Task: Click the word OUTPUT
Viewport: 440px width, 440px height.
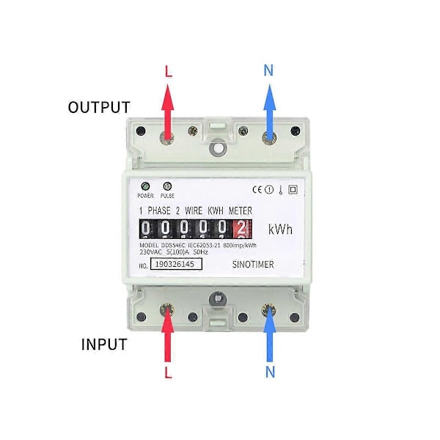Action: pyautogui.click(x=99, y=108)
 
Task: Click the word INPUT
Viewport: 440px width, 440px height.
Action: pyautogui.click(x=104, y=345)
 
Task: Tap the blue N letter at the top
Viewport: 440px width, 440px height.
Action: pyautogui.click(x=269, y=70)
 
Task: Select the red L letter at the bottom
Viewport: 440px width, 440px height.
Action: pyautogui.click(x=169, y=373)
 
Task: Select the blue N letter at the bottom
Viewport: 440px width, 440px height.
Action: pyautogui.click(x=270, y=373)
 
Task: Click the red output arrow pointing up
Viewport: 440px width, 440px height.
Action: pyautogui.click(x=169, y=110)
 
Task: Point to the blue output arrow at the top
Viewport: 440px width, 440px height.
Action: pyautogui.click(x=269, y=110)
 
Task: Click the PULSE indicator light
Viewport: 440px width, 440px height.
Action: pyautogui.click(x=167, y=186)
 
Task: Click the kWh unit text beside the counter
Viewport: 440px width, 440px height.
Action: pyautogui.click(x=280, y=230)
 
